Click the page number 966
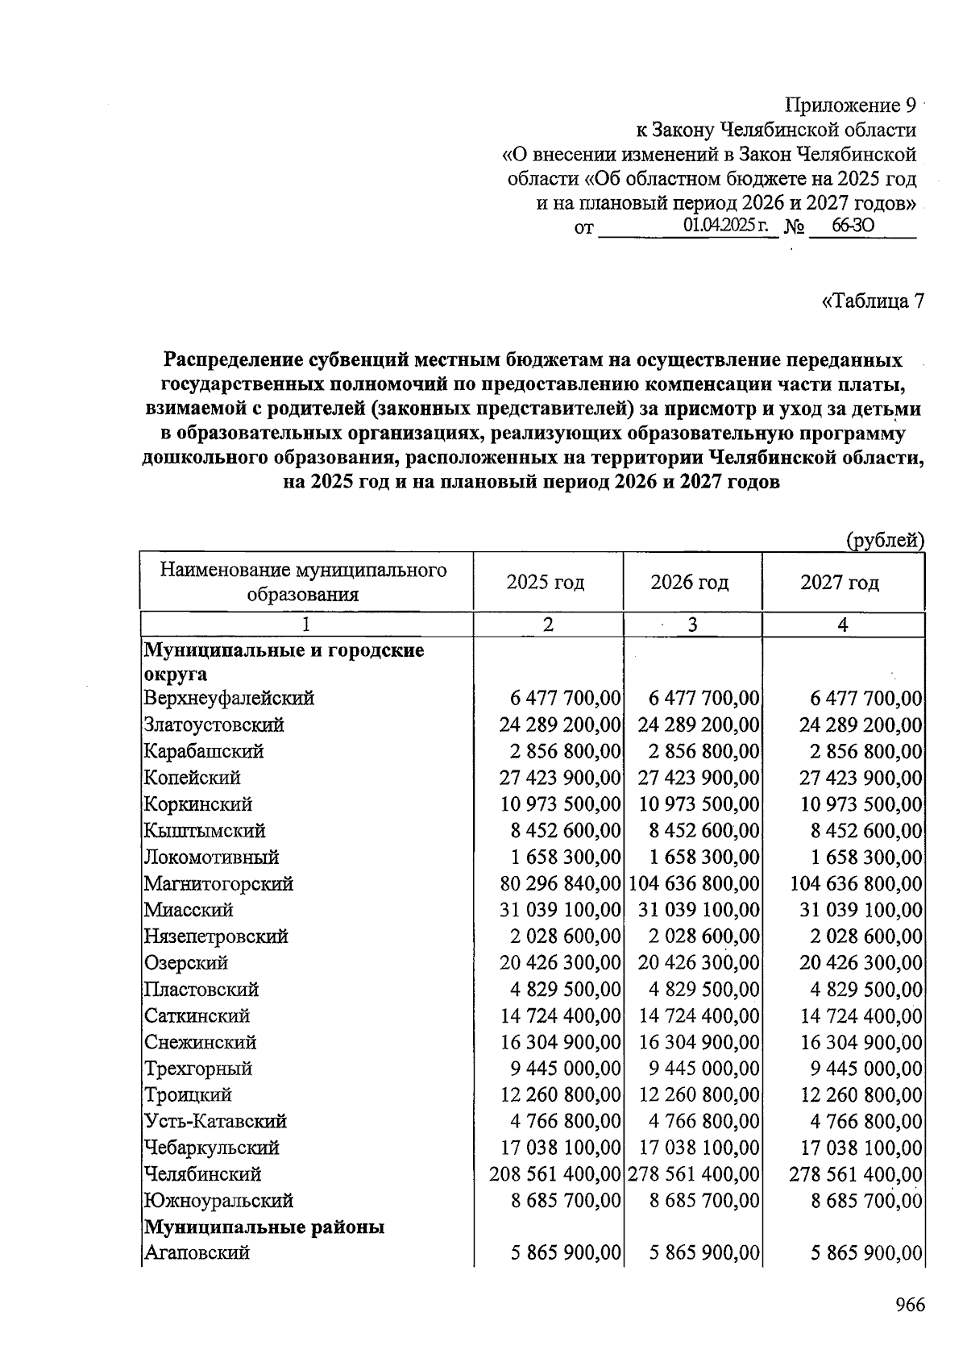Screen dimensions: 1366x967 910,1305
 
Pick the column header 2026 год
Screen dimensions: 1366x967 690,582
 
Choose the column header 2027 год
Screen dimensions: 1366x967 840,582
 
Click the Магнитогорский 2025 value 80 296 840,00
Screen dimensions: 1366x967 561,884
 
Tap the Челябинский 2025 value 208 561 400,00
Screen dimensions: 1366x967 556,1174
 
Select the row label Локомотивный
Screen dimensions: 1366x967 211,857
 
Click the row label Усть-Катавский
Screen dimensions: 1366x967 215,1122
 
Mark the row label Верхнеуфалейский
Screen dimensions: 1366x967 229,699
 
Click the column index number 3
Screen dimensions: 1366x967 691,625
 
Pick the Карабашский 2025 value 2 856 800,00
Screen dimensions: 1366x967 565,751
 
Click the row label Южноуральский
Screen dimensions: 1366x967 218,1201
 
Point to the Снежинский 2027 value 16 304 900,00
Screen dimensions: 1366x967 861,1042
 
